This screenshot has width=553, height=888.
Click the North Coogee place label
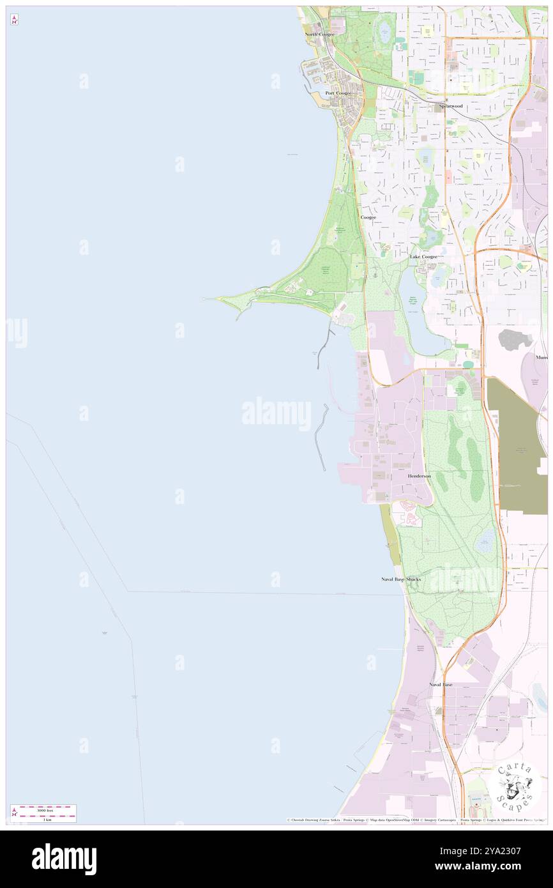[x=319, y=34]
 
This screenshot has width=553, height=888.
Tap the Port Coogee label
[x=338, y=93]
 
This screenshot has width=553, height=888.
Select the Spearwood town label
[x=450, y=105]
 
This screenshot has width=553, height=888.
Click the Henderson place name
[x=419, y=476]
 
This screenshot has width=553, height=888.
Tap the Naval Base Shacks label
[x=397, y=579]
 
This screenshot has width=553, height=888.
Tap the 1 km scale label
[x=44, y=819]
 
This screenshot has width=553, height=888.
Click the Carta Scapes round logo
[x=516, y=787]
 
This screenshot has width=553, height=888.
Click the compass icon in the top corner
[x=14, y=19]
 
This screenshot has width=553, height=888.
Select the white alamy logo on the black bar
[x=64, y=859]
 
